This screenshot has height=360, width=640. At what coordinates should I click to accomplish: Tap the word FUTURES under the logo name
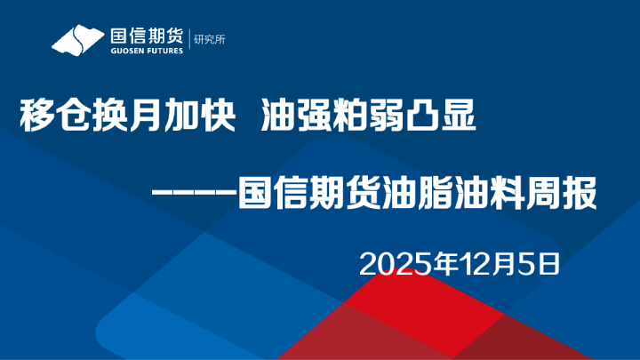click(x=164, y=52)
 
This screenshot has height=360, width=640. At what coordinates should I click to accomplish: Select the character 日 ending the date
click(x=548, y=263)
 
